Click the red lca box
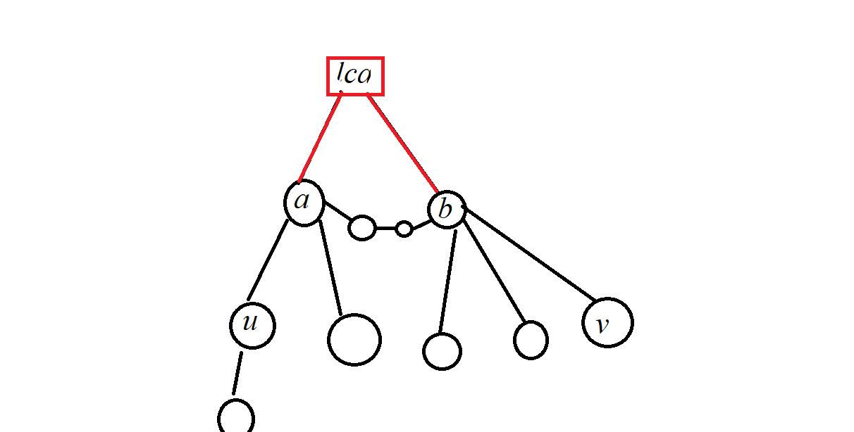pyautogui.click(x=355, y=76)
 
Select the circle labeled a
pyautogui.click(x=304, y=203)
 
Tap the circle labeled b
pyautogui.click(x=447, y=209)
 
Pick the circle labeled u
pyautogui.click(x=252, y=325)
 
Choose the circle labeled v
pyautogui.click(x=607, y=323)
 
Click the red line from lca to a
pyautogui.click(x=321, y=137)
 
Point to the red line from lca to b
pyautogui.click(x=402, y=143)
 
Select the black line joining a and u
pyautogui.click(x=268, y=260)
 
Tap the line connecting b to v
pyautogui.click(x=530, y=253)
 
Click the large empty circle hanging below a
pyautogui.click(x=354, y=340)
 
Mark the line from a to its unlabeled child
pyautogui.click(x=330, y=267)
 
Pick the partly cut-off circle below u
pyautogui.click(x=236, y=418)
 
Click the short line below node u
pyautogui.click(x=237, y=373)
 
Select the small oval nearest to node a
pyautogui.click(x=362, y=228)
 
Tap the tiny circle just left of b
pyautogui.click(x=404, y=229)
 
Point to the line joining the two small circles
pyautogui.click(x=385, y=229)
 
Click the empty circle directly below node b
pyautogui.click(x=442, y=351)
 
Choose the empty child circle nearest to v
pyautogui.click(x=531, y=340)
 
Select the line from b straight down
pyautogui.click(x=447, y=281)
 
